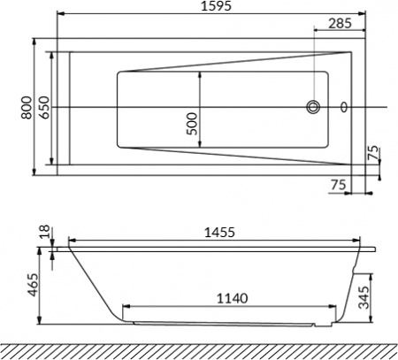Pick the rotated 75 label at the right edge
(374, 153)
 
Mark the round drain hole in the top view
(315, 108)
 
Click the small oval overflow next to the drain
(344, 108)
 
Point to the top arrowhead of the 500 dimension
(203, 73)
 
